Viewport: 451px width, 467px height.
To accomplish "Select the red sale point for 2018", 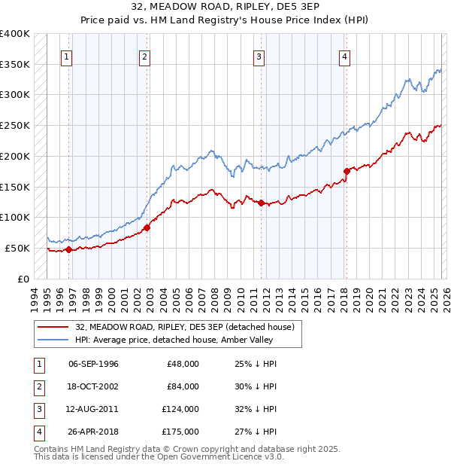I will click(347, 171).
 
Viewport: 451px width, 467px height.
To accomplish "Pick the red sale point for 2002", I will click(147, 227).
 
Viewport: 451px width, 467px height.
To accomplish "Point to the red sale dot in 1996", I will click(68, 249).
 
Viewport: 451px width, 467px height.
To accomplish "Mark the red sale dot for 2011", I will click(261, 203).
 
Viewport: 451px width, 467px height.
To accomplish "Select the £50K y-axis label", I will click(17, 248).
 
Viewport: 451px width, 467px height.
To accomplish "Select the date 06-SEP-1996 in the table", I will click(93, 364).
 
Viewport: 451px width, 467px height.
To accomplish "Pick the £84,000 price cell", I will click(183, 386).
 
